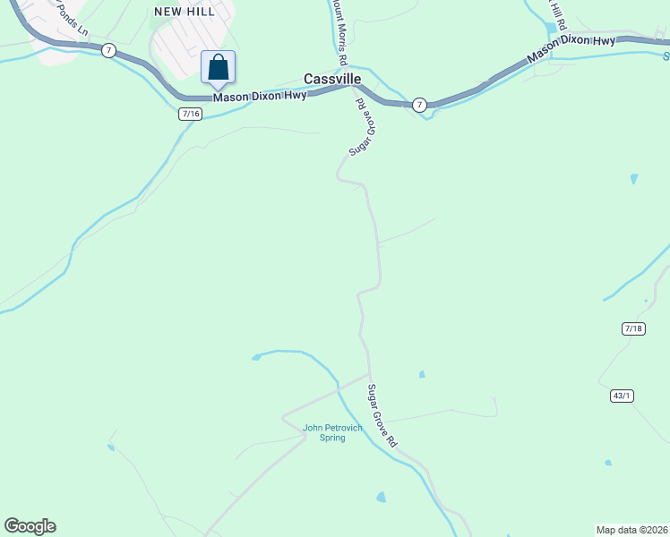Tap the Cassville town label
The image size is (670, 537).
(x=332, y=79)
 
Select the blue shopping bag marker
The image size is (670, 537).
(x=218, y=68)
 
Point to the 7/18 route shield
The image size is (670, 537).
(x=632, y=329)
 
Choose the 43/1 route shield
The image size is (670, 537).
(x=623, y=396)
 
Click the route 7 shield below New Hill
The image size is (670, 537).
(x=107, y=50)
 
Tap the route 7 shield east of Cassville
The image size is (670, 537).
(x=419, y=105)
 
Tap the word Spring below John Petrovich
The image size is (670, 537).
(x=332, y=438)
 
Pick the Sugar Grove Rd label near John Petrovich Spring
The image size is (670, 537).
(x=382, y=416)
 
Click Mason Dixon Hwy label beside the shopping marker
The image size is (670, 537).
(x=259, y=95)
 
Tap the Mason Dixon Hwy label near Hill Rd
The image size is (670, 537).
(x=571, y=50)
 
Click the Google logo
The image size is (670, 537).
(x=30, y=526)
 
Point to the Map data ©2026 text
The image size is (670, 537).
(x=631, y=529)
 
